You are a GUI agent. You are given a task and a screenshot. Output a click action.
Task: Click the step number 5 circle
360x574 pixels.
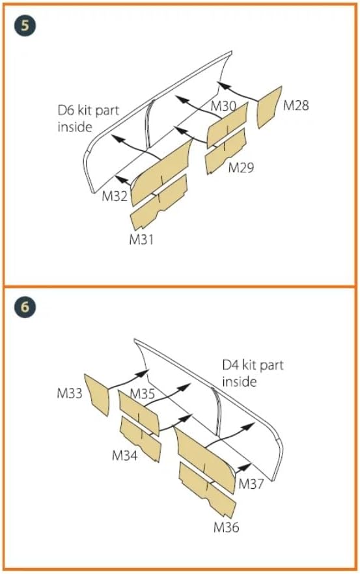pyautogui.click(x=25, y=26)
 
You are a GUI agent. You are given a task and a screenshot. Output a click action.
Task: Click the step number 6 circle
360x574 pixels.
pyautogui.click(x=25, y=307)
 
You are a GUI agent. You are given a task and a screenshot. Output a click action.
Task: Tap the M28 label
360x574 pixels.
pyautogui.click(x=296, y=105)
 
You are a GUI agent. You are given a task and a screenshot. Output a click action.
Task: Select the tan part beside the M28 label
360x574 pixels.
pyautogui.click(x=270, y=107)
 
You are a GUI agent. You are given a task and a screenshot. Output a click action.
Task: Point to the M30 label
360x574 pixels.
pyautogui.click(x=223, y=106)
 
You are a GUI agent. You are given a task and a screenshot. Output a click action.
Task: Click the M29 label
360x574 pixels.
pyautogui.click(x=241, y=168)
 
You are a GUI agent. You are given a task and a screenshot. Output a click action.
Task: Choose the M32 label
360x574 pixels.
pyautogui.click(x=115, y=197)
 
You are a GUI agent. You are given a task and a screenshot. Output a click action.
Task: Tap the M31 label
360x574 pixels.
pyautogui.click(x=141, y=239)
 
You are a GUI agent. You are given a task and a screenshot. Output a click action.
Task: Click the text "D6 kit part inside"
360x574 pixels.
pyautogui.click(x=89, y=118)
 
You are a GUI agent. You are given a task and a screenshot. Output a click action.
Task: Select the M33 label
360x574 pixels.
pyautogui.click(x=70, y=393)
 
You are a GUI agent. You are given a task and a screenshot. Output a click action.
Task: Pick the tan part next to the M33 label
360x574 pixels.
pyautogui.click(x=97, y=394)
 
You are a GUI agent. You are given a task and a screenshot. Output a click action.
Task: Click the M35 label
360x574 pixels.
pyautogui.click(x=143, y=394)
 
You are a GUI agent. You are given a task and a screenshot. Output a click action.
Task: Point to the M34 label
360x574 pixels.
pyautogui.click(x=125, y=456)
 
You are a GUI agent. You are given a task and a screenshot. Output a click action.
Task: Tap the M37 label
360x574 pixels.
pyautogui.click(x=251, y=484)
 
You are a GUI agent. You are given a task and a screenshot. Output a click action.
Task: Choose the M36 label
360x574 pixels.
pyautogui.click(x=227, y=527)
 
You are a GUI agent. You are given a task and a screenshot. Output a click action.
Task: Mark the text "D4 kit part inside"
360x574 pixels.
pyautogui.click(x=253, y=374)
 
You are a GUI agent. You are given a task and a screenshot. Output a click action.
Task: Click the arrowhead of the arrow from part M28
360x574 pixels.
pyautogui.click(x=224, y=86)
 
